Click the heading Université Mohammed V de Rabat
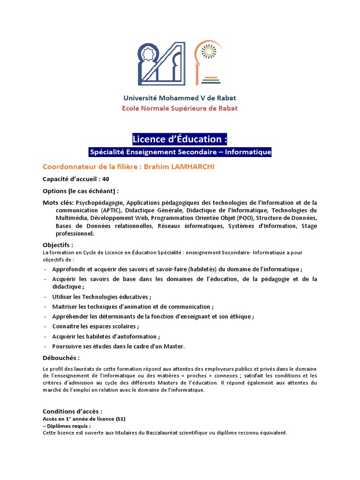tap(180, 98)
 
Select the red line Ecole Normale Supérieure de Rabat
tap(180, 108)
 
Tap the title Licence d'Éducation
tap(180, 139)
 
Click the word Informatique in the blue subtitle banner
tap(250, 152)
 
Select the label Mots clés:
tap(58, 202)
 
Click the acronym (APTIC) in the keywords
tap(110, 210)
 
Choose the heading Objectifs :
tap(58, 245)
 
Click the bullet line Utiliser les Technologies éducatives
tap(102, 297)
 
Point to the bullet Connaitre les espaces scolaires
tap(96, 326)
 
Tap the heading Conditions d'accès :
tap(72, 412)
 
